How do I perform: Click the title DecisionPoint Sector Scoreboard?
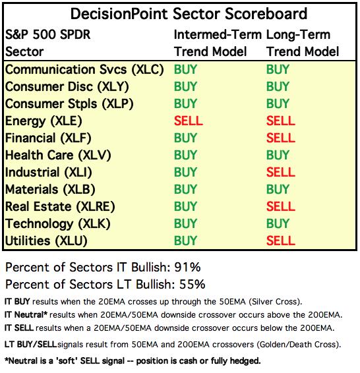coord(189,14)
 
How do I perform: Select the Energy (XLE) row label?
coord(44,121)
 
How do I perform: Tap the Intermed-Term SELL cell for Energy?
coord(188,121)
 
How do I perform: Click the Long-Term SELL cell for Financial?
coord(280,138)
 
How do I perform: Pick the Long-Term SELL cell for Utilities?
coord(280,241)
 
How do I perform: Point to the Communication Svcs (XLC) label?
coord(84,70)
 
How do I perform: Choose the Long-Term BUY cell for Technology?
coord(278,223)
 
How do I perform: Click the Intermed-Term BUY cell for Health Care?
coord(185,155)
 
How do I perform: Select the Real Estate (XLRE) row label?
coord(60,206)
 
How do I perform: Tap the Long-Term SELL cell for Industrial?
coord(280,172)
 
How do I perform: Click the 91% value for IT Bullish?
coord(187,267)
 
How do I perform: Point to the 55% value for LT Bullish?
coord(193,284)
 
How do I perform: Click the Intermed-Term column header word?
coord(218,35)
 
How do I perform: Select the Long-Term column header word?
coord(299,35)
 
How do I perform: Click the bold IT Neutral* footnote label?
coord(26,315)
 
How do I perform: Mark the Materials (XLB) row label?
coord(50,190)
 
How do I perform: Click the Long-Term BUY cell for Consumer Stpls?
coord(278,103)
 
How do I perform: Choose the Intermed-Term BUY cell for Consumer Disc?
coord(185,86)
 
